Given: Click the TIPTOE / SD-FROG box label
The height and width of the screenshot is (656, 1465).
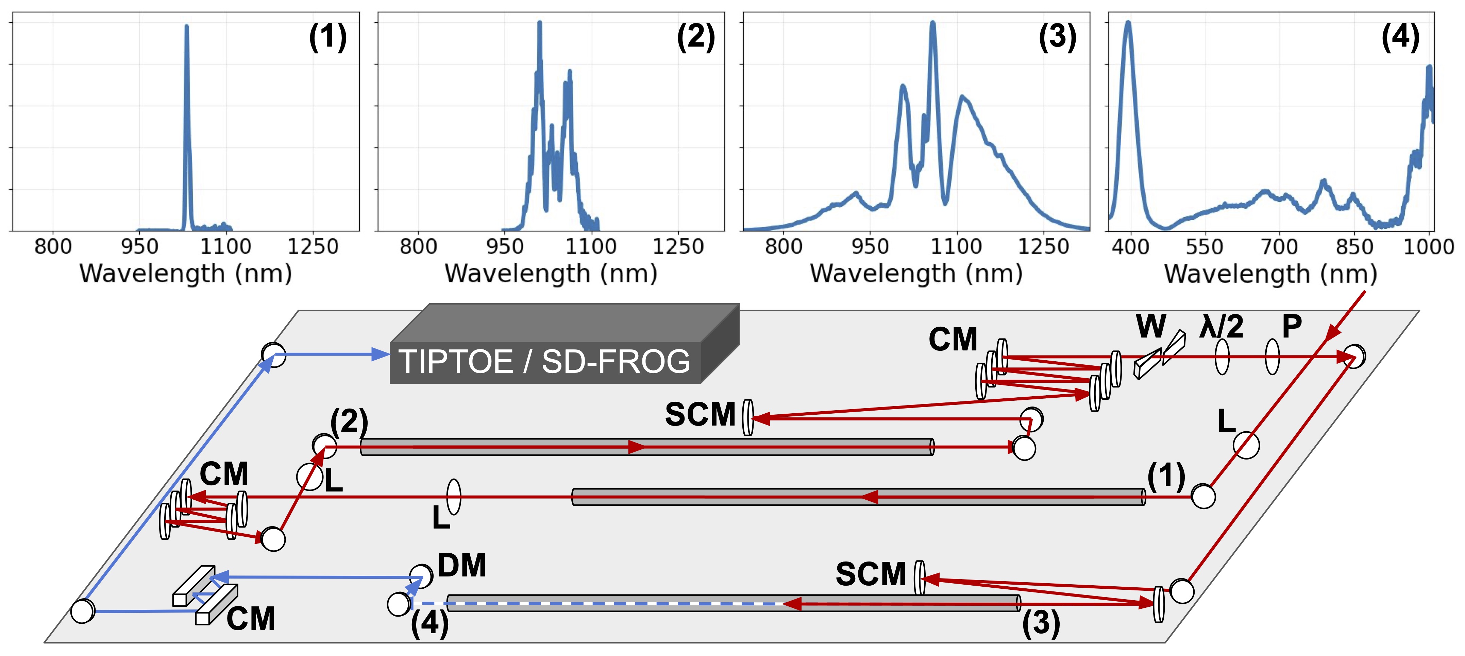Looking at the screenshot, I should (544, 362).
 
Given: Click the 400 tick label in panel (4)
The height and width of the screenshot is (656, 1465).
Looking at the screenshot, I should (1130, 247).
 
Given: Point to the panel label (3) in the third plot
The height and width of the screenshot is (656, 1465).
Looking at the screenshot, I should (1057, 37).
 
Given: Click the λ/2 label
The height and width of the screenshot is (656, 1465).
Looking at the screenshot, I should (1221, 327).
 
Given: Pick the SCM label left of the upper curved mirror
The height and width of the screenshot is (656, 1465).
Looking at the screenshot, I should (700, 414).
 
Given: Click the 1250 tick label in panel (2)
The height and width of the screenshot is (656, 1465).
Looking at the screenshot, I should (678, 247).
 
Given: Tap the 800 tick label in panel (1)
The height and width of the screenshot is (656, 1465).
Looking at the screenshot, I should (53, 247).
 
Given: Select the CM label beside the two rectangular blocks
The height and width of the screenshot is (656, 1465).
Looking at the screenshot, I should (251, 619).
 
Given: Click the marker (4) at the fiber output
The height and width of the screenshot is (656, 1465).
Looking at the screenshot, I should (430, 623).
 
